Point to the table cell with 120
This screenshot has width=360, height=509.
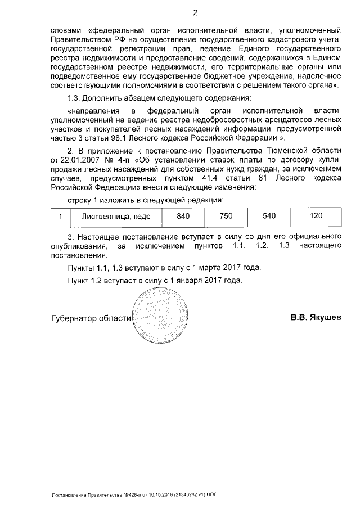[x=316, y=216]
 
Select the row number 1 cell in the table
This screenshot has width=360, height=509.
[x=60, y=216]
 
